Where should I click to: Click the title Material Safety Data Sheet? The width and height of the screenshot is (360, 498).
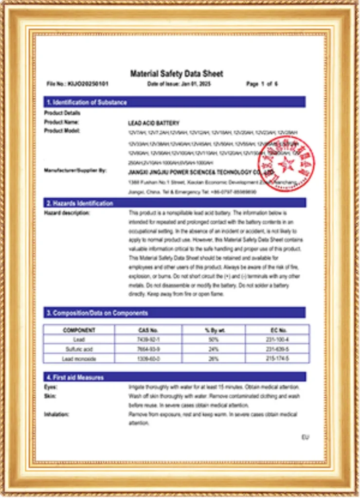(x=177, y=73)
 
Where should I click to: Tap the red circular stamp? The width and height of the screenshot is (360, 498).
(x=287, y=164)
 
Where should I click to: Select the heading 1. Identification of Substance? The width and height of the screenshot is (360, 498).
(x=86, y=102)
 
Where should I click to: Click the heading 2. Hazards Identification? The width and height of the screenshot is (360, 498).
(x=79, y=203)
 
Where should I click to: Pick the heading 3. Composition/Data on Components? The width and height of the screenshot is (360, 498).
(x=97, y=313)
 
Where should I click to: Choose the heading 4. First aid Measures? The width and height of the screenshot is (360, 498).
(x=74, y=377)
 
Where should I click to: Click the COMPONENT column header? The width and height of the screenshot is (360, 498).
(x=79, y=330)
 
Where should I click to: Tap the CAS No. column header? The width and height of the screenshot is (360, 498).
(x=148, y=330)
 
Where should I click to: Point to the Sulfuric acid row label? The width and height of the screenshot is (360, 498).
(x=79, y=349)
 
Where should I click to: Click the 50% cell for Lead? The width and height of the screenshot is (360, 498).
(x=214, y=339)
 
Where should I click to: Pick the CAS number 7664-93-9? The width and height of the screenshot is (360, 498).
(x=148, y=349)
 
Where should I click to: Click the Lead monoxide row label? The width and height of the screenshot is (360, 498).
(x=79, y=358)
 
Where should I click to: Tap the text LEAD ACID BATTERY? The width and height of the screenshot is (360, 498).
(x=154, y=124)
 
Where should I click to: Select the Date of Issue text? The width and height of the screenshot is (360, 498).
(x=179, y=84)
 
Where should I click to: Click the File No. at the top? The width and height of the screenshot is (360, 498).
(x=77, y=84)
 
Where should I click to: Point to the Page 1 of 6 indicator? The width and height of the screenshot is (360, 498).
(x=262, y=84)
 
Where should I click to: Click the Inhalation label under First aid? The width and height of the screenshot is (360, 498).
(x=56, y=414)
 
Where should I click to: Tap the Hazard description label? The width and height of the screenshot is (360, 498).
(x=67, y=213)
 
